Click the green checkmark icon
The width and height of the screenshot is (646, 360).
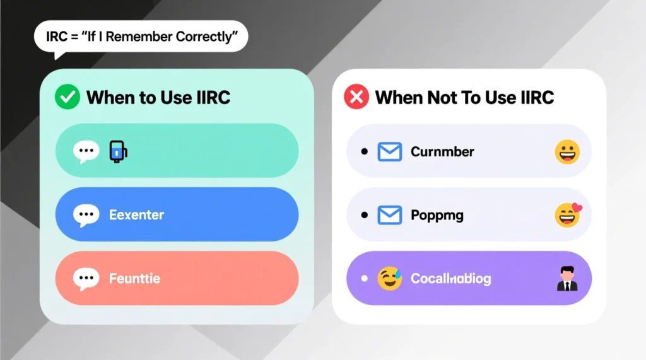[x=67, y=98]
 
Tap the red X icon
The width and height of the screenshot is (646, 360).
[x=356, y=98]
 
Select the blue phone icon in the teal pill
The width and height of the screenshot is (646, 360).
[x=118, y=151]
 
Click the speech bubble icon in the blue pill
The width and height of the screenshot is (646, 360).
[x=86, y=215]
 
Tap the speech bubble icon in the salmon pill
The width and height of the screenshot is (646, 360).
[x=86, y=279]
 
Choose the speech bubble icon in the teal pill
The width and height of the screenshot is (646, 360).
[x=86, y=151]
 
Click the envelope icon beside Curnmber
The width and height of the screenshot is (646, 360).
[x=389, y=152]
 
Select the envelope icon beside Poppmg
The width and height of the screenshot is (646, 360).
[x=389, y=216]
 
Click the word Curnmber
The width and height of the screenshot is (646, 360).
[x=442, y=152]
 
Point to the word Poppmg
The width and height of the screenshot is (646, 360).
[x=437, y=216]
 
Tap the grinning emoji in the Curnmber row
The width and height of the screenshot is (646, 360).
[x=567, y=152]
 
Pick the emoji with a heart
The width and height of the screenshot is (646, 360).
[x=568, y=215]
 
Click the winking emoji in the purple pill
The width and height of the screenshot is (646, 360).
[x=390, y=279]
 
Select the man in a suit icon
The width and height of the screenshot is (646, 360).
[x=567, y=279]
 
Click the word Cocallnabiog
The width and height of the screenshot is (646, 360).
[x=450, y=279]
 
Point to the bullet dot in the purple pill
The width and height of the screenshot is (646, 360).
[x=364, y=279]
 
